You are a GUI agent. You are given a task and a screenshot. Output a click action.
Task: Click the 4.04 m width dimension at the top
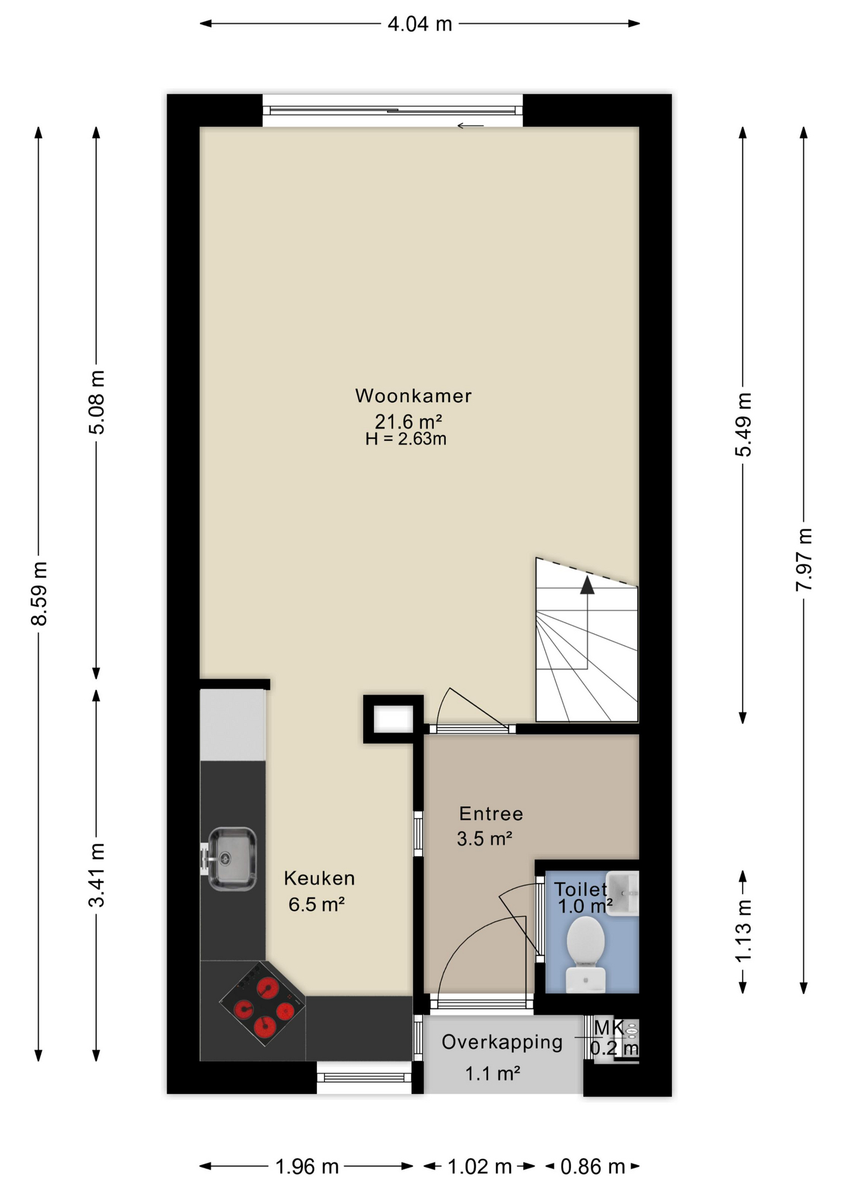coord(420,24)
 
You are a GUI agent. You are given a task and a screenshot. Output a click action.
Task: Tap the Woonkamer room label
coord(414,395)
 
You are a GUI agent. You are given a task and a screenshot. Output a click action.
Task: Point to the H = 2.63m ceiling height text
coord(406,439)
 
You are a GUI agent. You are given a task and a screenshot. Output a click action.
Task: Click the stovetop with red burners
coord(263,1003)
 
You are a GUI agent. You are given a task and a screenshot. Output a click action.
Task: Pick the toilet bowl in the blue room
coord(586,955)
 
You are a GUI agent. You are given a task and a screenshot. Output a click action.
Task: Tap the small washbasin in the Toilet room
coord(622,892)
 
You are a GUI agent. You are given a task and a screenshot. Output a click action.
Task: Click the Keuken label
coord(319,878)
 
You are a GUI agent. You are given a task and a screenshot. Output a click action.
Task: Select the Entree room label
coord(491,814)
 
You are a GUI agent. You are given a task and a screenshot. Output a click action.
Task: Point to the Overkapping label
coord(502,1042)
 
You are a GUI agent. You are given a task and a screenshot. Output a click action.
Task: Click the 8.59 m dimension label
coord(39,593)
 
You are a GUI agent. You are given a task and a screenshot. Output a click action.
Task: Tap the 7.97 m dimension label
coord(804,559)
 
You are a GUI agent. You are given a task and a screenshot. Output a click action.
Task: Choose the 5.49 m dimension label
coord(743,425)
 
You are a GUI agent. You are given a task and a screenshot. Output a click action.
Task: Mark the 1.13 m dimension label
coord(743,931)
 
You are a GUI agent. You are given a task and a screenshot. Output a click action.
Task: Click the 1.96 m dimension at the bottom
coord(307,1167)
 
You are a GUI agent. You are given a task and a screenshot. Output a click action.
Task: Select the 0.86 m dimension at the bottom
coord(593,1167)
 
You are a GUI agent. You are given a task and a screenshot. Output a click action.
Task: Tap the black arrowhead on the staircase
coord(587,584)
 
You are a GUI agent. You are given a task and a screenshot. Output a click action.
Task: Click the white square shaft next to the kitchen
coord(393,719)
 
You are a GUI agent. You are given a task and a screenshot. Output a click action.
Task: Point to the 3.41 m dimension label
coord(97,875)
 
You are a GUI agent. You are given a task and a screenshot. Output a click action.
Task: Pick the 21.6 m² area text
coord(408,421)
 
